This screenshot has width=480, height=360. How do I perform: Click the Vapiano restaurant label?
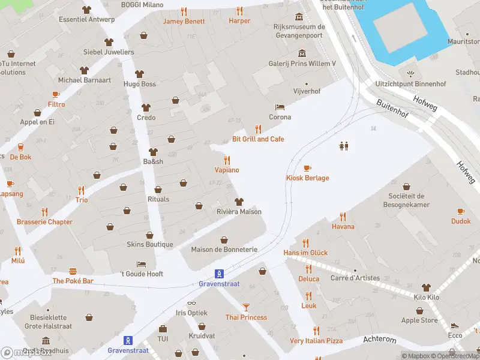pyautogui.click(x=227, y=170)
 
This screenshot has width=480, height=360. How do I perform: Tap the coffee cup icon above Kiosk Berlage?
pyautogui.click(x=307, y=168)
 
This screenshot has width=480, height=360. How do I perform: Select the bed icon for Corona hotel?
pyautogui.click(x=280, y=107)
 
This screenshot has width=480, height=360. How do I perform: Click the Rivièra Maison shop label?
pyautogui.click(x=239, y=211)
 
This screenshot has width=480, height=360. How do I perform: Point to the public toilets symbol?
pyautogui.click(x=344, y=146)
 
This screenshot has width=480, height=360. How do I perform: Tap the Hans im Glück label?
pyautogui.click(x=305, y=253)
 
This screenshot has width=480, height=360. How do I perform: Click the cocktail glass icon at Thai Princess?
pyautogui.click(x=246, y=307)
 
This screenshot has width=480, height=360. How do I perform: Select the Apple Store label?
pyautogui.click(x=419, y=320)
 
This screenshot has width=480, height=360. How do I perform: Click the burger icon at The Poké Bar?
pyautogui.click(x=73, y=271)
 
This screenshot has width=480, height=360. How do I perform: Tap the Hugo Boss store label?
pyautogui.click(x=140, y=84)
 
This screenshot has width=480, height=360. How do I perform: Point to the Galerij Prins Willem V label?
pyautogui.click(x=302, y=63)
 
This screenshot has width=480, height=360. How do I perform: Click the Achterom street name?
pyautogui.click(x=380, y=340)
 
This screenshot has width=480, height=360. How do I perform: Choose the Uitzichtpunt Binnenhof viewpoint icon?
pyautogui.click(x=410, y=74)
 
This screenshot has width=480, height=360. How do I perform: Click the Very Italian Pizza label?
pyautogui.click(x=316, y=340)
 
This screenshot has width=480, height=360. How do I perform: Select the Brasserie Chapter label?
pyautogui.click(x=44, y=221)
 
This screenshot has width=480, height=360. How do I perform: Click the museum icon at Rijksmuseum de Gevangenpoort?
pyautogui.click(x=299, y=16)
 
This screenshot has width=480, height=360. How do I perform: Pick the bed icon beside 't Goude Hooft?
pyautogui.click(x=141, y=263)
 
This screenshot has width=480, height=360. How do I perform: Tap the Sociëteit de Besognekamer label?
pyautogui.click(x=406, y=200)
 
